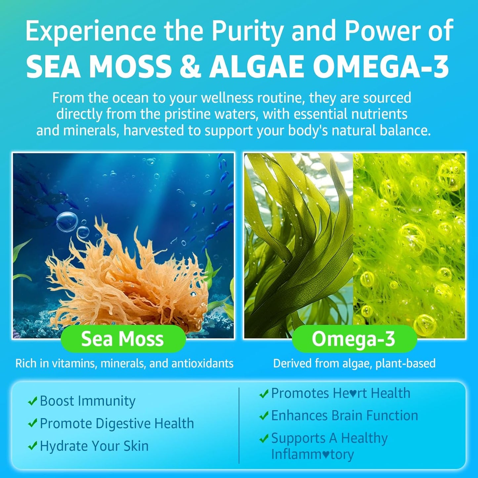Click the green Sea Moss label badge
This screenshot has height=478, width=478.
123,339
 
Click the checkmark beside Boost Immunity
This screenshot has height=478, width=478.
32,402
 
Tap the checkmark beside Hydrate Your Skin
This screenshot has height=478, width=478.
32,447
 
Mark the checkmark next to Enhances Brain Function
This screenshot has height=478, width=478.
264,416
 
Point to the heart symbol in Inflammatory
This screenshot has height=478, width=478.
326,455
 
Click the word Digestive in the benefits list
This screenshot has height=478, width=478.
123,424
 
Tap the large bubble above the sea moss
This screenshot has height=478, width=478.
67,222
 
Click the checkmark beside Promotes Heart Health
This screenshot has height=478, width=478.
264,394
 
